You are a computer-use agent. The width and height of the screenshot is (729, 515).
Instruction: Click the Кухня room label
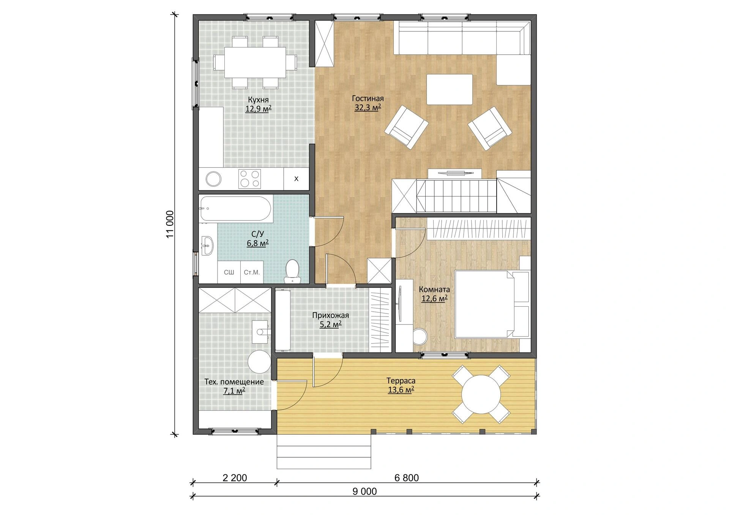pos(258,100)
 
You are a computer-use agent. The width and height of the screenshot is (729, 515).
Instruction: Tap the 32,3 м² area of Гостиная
pos(368,108)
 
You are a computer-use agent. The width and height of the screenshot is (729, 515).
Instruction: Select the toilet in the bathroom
pos(292,271)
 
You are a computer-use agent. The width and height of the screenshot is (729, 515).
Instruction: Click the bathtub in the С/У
pos(236,208)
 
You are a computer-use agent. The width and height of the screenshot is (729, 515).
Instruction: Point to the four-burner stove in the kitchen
pos(249,179)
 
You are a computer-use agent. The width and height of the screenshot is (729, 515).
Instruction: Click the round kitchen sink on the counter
pos(213,179)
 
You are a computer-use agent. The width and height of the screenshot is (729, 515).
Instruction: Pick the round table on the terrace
pos(481,394)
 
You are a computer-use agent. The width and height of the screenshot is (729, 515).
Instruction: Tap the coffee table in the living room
pos(450,90)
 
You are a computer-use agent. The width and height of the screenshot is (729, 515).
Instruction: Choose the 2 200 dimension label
pos(235,478)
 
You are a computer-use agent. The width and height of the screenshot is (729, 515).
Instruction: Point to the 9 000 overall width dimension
pos(364,491)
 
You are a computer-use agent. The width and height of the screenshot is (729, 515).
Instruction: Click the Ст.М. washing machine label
pos(252,272)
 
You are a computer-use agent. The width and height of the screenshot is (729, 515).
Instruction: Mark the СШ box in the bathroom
pos(229,272)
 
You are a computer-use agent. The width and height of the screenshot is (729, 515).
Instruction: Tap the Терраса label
pos(401,381)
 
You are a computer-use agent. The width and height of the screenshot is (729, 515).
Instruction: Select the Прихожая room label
pos(330,315)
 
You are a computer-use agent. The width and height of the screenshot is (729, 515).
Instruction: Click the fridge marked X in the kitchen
pos(296,179)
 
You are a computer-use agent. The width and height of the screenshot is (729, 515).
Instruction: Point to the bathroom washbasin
pos(207,246)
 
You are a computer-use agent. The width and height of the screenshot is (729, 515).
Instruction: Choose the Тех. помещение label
pos(234,382)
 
